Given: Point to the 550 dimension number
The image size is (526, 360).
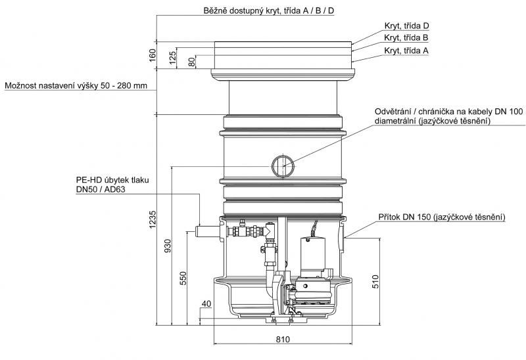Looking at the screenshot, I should click(183, 279).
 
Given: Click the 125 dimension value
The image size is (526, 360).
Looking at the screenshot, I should click(172, 58).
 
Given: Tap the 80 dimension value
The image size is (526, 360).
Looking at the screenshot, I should click(192, 62).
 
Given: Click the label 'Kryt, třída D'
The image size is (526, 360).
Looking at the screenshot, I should click(406, 26).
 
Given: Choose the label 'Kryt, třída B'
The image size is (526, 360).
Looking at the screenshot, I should click(406, 38).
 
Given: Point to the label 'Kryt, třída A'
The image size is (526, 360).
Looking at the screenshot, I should click(406, 50).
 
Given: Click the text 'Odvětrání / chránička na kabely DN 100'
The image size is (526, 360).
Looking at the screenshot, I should click(448, 112).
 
